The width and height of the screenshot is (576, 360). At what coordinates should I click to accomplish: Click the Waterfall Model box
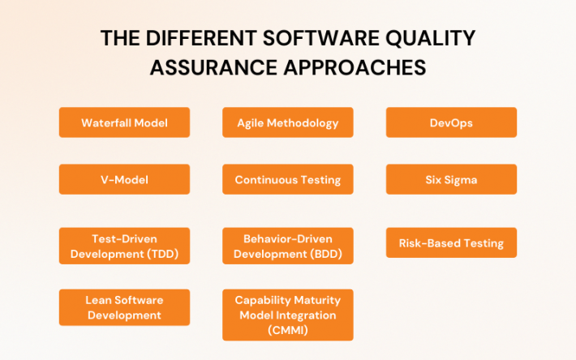[124, 122]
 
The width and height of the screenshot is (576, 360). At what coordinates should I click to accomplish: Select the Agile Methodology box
[287, 122]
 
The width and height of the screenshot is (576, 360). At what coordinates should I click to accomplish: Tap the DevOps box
[451, 122]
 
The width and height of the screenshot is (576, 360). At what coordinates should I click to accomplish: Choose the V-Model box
[124, 179]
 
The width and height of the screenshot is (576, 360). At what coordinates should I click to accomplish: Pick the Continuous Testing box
[287, 179]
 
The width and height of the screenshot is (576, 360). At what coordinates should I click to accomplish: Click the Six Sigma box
[451, 179]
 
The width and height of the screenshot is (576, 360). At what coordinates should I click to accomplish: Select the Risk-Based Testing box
[451, 242]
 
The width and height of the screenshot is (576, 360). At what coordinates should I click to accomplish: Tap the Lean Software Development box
[124, 307]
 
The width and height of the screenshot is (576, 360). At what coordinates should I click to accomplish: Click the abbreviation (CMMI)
[288, 329]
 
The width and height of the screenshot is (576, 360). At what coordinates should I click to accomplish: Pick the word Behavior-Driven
[288, 239]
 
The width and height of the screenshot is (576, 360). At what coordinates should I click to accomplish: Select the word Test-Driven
[124, 239]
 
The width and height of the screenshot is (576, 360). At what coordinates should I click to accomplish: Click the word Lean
[99, 300]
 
